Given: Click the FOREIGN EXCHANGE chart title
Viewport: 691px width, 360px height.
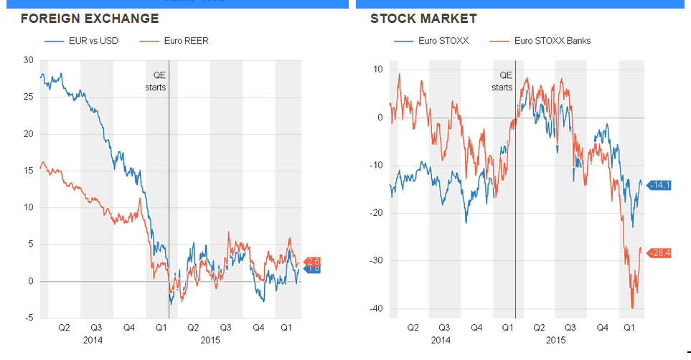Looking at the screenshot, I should (90, 19).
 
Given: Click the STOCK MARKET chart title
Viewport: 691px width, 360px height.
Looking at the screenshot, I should (423, 19).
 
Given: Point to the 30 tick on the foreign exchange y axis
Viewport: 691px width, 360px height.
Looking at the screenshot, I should (28, 60).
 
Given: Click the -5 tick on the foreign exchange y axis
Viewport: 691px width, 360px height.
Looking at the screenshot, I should (29, 318).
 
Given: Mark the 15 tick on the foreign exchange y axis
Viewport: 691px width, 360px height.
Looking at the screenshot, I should (28, 171).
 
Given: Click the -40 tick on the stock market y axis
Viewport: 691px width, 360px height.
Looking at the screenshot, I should (377, 308).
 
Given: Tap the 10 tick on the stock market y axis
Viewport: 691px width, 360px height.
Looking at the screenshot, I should (378, 70).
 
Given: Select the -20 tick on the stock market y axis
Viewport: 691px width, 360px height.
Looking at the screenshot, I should (377, 213).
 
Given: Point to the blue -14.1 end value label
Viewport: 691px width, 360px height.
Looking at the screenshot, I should (659, 185).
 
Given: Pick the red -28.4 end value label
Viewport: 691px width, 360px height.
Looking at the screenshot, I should (659, 252).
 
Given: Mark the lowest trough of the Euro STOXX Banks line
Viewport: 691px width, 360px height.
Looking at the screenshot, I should (632, 308).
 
